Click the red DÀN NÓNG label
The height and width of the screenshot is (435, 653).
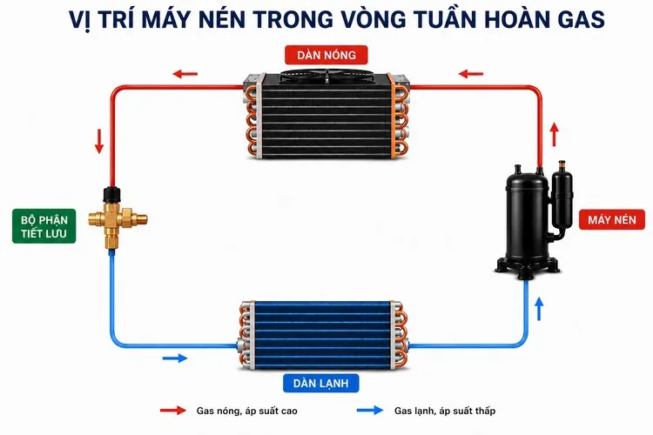tap(326, 55)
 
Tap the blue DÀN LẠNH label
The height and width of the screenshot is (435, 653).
tap(320, 383)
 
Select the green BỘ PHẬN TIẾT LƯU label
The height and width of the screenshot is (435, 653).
tap(44, 226)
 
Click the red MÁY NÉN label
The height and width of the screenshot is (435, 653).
tap(612, 219)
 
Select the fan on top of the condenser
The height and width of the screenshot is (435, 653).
tap(327, 76)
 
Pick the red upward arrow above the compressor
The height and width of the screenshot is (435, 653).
tap(554, 134)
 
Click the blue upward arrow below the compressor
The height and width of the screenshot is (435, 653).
tap(539, 309)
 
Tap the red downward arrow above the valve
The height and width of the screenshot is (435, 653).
tap(99, 142)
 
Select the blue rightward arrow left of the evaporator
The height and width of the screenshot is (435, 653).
tap(175, 358)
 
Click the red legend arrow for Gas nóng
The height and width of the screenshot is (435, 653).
tap(173, 411)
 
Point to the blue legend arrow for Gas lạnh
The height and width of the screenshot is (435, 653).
tap(370, 410)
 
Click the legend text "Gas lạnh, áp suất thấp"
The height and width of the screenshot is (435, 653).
tap(445, 411)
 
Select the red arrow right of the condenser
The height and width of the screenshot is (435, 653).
tap(470, 74)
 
